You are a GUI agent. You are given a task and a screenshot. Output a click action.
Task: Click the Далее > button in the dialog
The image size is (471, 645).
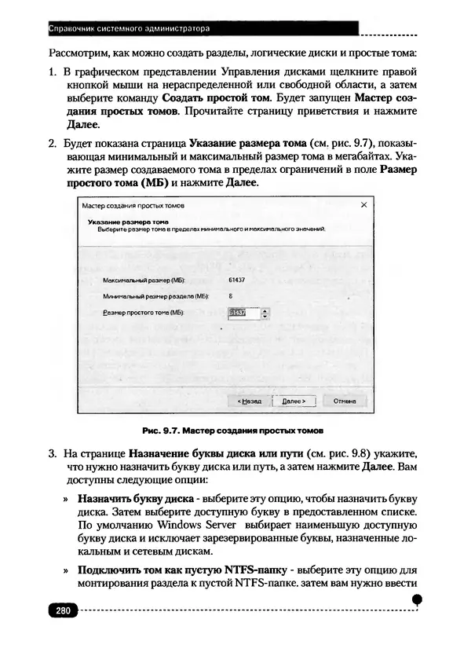point(292,401)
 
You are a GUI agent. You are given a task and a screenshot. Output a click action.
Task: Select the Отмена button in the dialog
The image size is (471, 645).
point(345,401)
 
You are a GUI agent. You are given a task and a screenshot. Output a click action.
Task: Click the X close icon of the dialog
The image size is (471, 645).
point(363,205)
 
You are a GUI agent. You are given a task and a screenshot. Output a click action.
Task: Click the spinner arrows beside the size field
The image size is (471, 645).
point(265,313)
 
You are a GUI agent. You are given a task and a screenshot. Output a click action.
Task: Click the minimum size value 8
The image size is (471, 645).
point(231,296)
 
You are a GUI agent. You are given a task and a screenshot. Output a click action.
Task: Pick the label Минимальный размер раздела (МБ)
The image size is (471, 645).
point(148,296)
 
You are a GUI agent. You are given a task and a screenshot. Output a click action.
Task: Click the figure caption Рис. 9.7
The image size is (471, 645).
point(233,431)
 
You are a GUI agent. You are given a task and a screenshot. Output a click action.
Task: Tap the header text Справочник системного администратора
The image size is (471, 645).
point(130,29)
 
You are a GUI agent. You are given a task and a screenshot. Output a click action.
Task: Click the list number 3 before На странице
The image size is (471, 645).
point(52,454)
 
